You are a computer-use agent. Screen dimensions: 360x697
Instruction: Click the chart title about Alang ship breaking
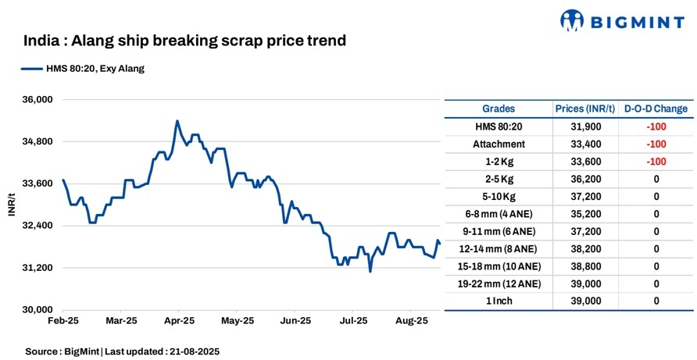tap(184, 40)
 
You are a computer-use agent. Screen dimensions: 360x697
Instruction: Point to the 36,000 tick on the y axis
tap(35, 100)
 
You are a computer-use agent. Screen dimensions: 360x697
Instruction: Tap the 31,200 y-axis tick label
tap(35, 268)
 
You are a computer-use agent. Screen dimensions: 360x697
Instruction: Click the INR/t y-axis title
tap(12, 205)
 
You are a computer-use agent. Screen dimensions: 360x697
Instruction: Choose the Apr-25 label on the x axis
tap(180, 321)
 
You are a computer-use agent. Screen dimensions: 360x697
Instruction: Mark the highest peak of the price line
tap(177, 121)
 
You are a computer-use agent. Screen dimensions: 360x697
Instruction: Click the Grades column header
tap(499, 109)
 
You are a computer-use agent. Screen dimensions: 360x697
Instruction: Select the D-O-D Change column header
tap(656, 109)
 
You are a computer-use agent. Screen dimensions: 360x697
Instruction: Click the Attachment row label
tap(499, 144)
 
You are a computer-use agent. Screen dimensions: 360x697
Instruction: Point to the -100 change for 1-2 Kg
tap(656, 162)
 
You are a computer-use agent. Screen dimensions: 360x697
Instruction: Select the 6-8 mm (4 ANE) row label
tap(499, 214)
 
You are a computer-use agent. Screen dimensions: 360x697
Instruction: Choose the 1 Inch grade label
tap(499, 301)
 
